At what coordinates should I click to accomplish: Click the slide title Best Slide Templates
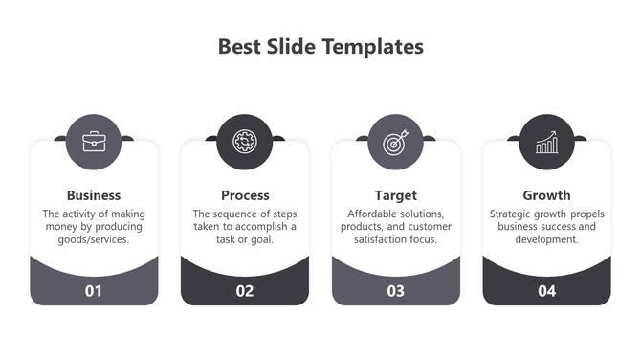320,46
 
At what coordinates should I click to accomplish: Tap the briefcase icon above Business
94,142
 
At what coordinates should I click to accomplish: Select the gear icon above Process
245,142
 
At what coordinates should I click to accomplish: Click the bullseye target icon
395,142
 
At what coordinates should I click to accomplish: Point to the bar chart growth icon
546,142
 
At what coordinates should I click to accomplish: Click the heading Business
94,195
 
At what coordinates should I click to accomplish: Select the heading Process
245,195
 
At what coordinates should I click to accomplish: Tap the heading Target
395,195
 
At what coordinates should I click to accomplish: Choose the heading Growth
546,195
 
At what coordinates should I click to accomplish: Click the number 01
94,291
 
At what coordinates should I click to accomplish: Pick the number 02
245,291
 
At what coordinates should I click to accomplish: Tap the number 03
395,291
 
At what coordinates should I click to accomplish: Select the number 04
546,291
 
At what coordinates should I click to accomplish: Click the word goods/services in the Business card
94,239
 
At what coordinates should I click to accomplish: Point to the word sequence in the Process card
245,214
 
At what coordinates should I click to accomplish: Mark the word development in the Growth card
546,239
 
